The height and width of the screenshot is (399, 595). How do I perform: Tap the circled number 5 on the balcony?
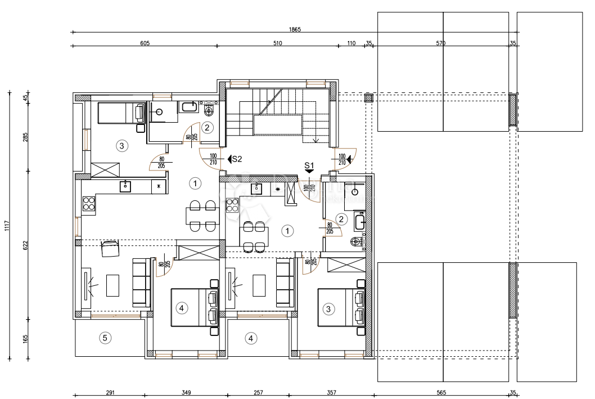click(x=105, y=338)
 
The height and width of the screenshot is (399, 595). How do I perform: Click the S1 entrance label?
click(x=309, y=165)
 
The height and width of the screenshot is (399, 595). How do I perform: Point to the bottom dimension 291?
click(x=110, y=392)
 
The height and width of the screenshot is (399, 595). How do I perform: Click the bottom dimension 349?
click(x=186, y=392)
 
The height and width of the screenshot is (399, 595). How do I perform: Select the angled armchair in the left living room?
click(x=110, y=248)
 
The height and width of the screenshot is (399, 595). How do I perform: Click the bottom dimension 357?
click(x=331, y=392)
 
